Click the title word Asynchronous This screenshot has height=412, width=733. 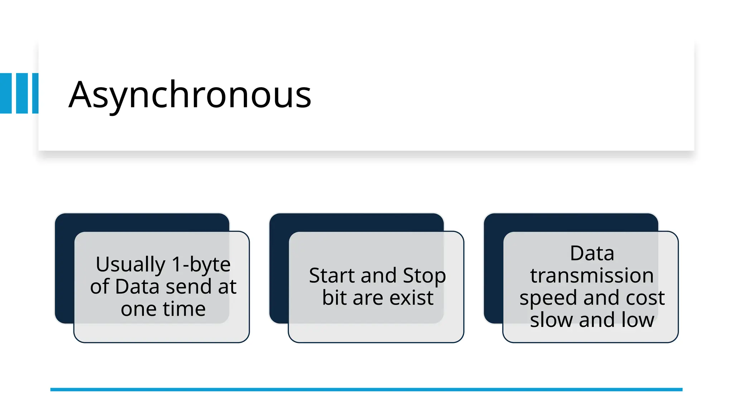190,95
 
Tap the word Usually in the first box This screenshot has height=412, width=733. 130,265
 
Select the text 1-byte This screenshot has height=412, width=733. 201,265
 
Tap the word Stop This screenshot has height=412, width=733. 424,276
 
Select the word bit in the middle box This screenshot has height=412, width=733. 334,298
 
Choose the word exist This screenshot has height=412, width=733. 411,298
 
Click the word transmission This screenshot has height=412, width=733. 592,276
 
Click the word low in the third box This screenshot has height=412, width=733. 637,320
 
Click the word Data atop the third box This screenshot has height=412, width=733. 592,254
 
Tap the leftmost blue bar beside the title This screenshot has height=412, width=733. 6,93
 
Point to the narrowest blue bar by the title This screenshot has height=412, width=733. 35,93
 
